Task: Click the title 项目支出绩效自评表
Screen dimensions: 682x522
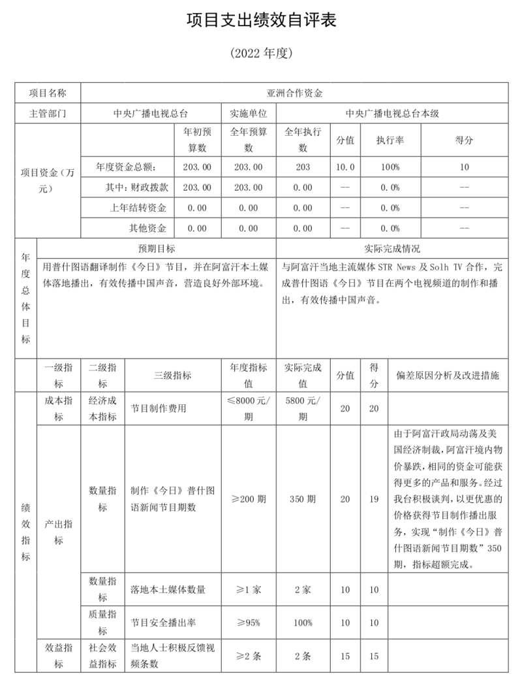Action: (261, 21)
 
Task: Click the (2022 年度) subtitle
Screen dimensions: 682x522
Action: (261, 54)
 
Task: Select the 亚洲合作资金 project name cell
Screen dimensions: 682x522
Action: (294, 93)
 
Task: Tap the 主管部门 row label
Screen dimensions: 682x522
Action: (48, 112)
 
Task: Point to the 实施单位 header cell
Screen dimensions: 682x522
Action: (248, 112)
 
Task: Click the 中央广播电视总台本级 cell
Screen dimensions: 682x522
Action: (392, 112)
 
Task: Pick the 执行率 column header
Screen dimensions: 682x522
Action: (390, 140)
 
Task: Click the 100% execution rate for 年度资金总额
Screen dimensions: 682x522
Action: (390, 167)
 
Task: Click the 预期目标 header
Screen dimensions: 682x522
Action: (156, 249)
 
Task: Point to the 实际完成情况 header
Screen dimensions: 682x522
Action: (392, 249)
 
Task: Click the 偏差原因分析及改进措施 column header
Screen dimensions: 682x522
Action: (448, 375)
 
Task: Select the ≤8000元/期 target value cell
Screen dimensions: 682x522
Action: (248, 408)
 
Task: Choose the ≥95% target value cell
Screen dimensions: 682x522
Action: (248, 623)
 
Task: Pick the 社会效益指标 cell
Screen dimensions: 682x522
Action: (102, 657)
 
